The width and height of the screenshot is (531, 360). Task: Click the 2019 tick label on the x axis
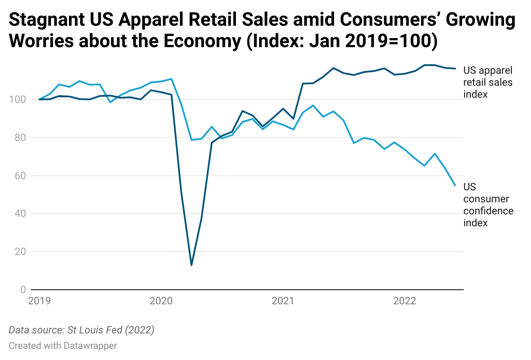[x=39, y=301]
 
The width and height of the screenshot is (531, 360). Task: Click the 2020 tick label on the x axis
[x=161, y=301]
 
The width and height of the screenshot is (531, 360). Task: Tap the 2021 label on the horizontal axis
[x=283, y=301]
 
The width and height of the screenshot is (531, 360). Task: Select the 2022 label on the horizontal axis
[x=405, y=301]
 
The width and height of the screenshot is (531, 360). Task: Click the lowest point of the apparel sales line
[x=191, y=265]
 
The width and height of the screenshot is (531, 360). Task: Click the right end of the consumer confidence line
[x=455, y=185]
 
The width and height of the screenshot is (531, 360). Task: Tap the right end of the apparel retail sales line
[x=455, y=69]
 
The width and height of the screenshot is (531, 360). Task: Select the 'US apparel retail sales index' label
[x=488, y=82]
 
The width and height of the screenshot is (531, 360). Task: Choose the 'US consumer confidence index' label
[x=488, y=205]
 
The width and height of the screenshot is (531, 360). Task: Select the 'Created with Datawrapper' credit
[x=63, y=345]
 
